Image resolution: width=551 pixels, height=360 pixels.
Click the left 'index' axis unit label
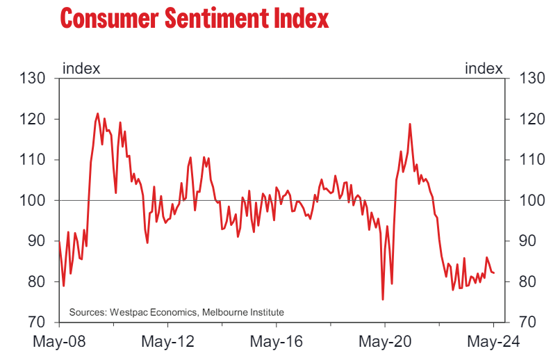[x=81, y=68]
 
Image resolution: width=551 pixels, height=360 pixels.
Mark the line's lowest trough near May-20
[x=383, y=300]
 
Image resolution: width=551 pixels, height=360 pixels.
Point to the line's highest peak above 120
[x=97, y=113]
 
